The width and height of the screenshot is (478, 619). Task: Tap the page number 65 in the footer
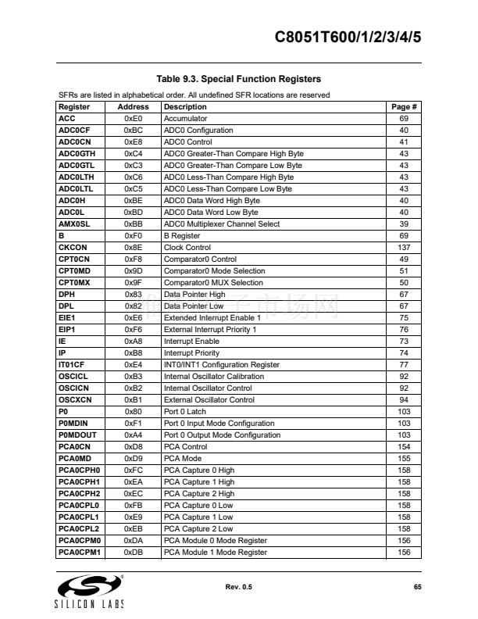417,586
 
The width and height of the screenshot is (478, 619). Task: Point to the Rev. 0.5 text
238,586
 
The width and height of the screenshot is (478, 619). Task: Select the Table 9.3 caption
238,79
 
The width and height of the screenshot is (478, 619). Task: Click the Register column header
75,107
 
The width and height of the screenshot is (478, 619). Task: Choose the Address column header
133,107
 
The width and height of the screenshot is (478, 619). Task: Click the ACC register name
67,119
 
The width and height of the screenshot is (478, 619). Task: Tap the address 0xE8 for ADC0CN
133,142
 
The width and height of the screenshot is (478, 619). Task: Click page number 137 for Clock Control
404,248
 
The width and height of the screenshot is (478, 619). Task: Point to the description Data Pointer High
194,295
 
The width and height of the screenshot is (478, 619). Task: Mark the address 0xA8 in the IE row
133,342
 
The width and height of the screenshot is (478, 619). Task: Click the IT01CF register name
73,365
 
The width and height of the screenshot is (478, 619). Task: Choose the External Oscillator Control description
209,400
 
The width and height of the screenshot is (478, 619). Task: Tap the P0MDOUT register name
78,435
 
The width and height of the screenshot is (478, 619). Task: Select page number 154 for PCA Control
404,447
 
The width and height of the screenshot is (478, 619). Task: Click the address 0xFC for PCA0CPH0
133,471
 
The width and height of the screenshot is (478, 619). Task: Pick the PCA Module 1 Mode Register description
215,553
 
